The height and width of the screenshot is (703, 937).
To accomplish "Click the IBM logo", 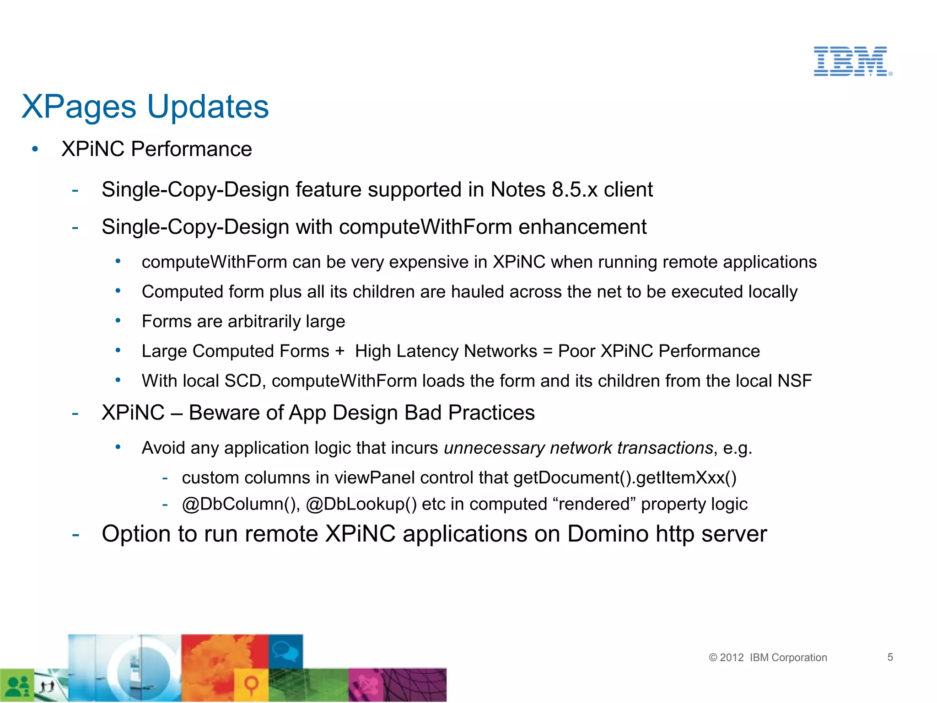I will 851,61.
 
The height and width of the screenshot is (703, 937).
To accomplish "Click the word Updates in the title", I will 208,107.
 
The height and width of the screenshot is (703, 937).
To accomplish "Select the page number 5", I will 890,657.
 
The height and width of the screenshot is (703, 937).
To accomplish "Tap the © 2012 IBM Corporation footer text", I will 768,657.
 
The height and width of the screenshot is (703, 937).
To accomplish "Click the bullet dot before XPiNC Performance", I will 35,149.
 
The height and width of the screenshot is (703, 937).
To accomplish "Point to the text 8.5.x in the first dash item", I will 575,189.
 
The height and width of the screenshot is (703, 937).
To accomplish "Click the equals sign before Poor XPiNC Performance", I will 547,351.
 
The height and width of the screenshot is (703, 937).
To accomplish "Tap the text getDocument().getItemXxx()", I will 625,478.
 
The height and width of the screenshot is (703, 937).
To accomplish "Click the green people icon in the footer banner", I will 17,686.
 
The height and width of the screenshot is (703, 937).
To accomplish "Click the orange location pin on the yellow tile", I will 251,685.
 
